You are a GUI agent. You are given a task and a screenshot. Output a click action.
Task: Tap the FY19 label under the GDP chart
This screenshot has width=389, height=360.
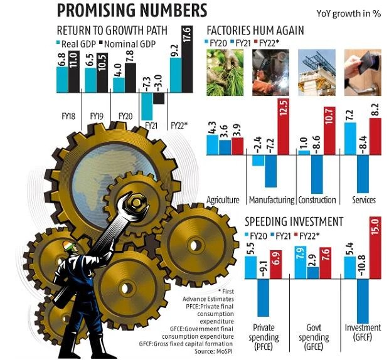(96, 116)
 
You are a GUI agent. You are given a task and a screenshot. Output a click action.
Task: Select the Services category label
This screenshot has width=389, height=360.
(364, 200)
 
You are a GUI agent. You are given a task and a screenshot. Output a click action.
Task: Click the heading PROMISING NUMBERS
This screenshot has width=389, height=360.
(132, 11)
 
